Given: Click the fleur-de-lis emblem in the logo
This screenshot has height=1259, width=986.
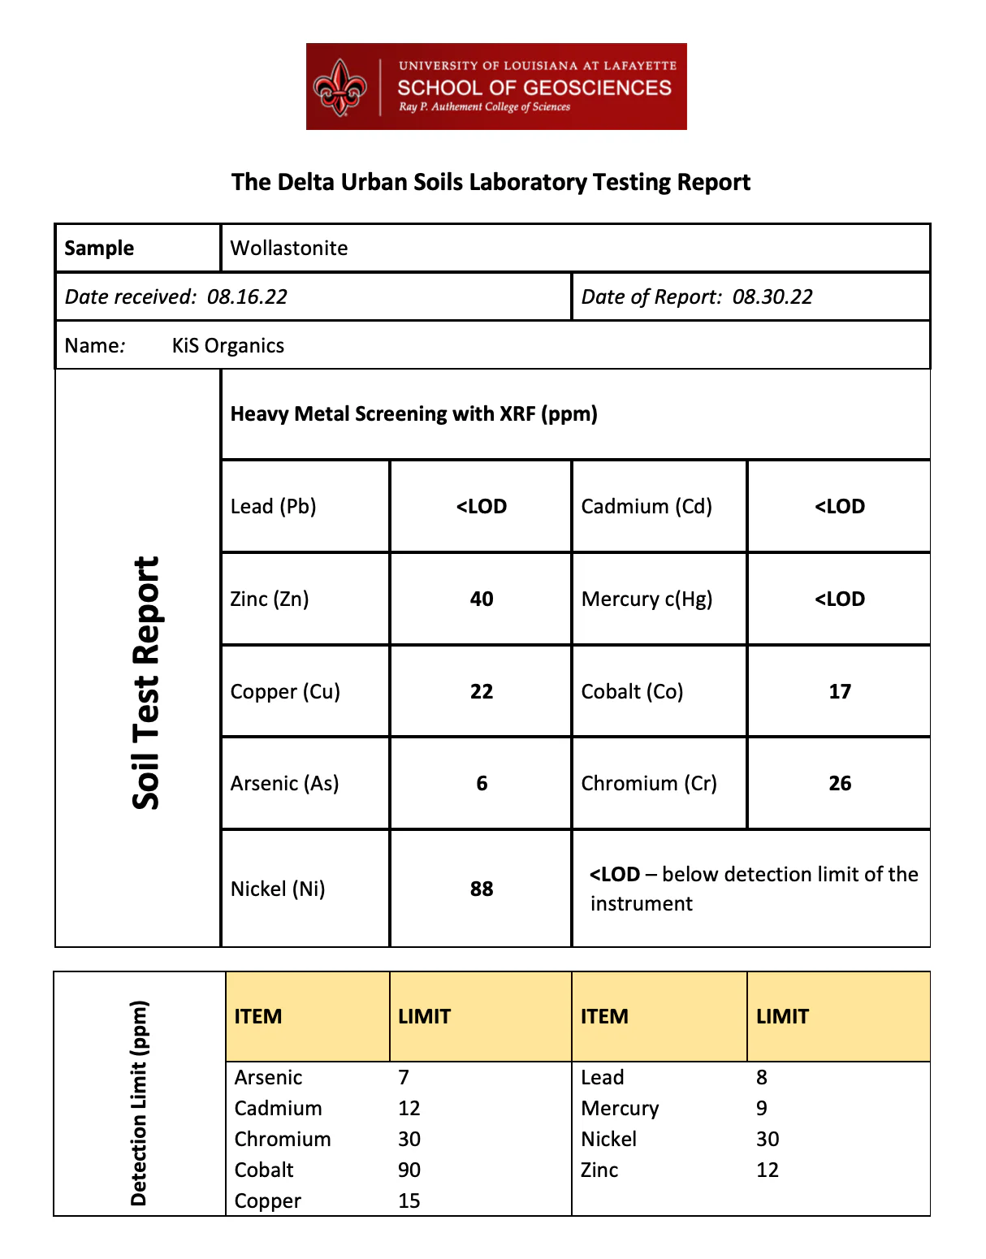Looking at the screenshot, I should coord(340,87).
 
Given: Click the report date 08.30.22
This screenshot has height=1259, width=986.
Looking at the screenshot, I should coord(772,297).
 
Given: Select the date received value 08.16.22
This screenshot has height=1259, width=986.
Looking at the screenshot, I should coord(247,297).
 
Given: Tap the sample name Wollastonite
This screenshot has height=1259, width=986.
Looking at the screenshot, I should coord(289,249).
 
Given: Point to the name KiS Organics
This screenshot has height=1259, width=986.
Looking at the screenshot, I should coord(228,346).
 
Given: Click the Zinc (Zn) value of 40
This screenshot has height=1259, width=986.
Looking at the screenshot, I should coord(482,599).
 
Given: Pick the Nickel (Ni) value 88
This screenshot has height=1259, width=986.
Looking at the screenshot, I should coord(482,889).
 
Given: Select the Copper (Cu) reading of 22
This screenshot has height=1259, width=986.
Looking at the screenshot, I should coord(482,692).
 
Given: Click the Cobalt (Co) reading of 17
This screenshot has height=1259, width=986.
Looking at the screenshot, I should coord(840,692).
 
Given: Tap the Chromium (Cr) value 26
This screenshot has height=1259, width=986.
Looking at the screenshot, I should coord(840,784).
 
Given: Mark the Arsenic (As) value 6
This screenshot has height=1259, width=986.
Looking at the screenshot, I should coord(482,784).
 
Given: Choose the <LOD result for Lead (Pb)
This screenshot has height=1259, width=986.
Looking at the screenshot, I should coord(482,507).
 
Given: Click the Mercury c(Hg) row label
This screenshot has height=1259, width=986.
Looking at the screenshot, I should coord(647,599).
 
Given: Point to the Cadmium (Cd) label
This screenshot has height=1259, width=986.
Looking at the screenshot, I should coord(647,507).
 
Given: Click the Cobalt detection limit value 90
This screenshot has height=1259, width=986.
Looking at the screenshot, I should coord(409,1170).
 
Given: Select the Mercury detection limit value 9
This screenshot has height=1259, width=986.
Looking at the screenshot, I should coord(762,1109).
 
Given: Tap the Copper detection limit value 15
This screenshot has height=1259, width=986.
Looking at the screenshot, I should coord(409,1201).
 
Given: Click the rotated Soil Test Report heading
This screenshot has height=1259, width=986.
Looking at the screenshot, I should coord(146,682).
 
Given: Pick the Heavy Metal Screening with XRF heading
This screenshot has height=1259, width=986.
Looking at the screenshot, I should coord(413,414).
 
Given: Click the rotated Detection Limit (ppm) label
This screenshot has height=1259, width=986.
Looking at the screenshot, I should coord(139,1102).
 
